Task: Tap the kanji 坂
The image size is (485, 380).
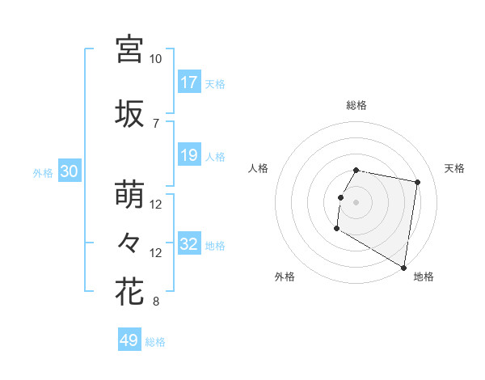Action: pyautogui.click(x=130, y=114)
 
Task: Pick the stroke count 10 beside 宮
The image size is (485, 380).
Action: pyautogui.click(x=156, y=59)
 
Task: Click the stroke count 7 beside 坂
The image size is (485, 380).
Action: pyautogui.click(x=156, y=123)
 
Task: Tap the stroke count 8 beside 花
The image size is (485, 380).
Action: pyautogui.click(x=156, y=302)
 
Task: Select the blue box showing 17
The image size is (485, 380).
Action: pyautogui.click(x=189, y=82)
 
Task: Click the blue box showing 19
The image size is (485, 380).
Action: pyautogui.click(x=189, y=155)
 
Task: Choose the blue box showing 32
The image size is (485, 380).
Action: pyautogui.click(x=189, y=244)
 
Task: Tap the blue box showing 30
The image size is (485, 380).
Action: pyautogui.click(x=69, y=171)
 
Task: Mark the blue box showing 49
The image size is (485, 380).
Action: pyautogui.click(x=129, y=340)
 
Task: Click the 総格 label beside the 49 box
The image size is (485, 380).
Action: pyautogui.click(x=156, y=342)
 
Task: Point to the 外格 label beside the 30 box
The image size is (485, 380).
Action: pyautogui.click(x=43, y=172)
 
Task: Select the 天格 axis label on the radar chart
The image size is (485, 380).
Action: pyautogui.click(x=454, y=168)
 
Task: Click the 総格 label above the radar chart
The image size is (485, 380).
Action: pyautogui.click(x=356, y=105)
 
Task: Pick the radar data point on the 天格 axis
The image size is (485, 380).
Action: pyautogui.click(x=417, y=183)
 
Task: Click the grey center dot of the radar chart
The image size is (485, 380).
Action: pyautogui.click(x=356, y=202)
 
